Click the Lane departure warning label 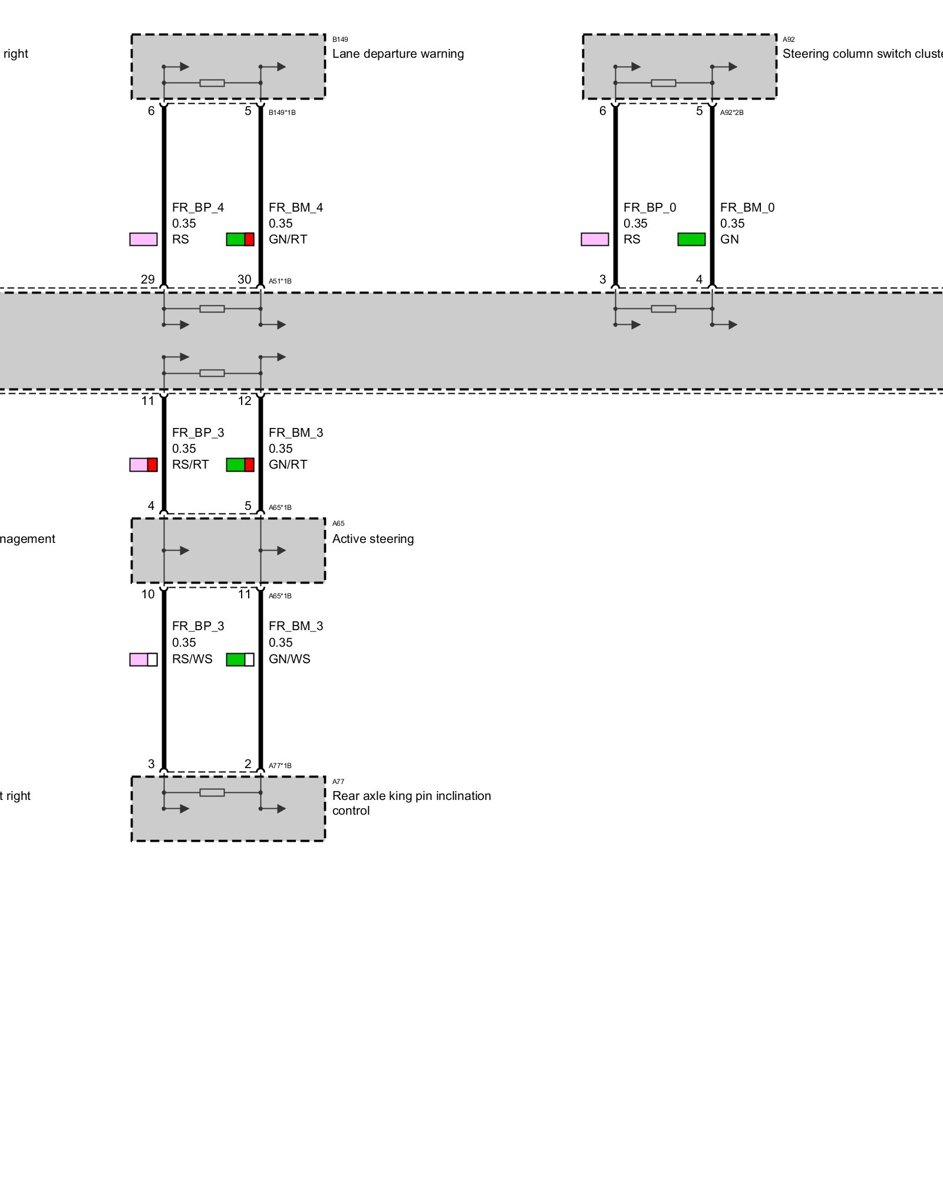click(398, 54)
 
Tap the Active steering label click(372, 539)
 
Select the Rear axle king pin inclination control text click(411, 803)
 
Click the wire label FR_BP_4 click(198, 208)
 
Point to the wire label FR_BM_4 click(296, 208)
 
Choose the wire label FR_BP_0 click(649, 208)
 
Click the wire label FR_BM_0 click(747, 208)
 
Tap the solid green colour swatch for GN click(691, 239)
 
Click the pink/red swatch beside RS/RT click(143, 465)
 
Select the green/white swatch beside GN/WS click(240, 660)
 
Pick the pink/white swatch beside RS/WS click(143, 660)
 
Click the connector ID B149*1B click(282, 113)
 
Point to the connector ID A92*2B click(731, 113)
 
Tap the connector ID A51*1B click(280, 281)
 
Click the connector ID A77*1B click(280, 766)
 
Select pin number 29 click(147, 279)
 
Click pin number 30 click(244, 279)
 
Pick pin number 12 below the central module click(245, 401)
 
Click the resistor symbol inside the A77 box click(212, 792)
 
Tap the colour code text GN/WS click(289, 659)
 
